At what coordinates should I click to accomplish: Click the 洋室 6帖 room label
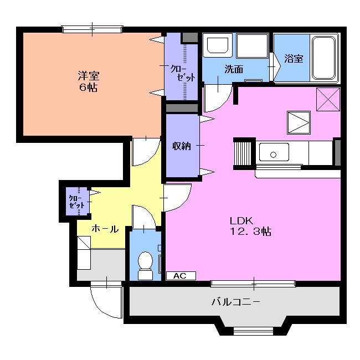88,82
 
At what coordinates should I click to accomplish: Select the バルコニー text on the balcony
235,302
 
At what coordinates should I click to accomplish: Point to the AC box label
179,275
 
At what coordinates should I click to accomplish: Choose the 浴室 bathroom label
294,58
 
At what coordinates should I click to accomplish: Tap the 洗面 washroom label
233,69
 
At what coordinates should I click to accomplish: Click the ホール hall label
105,228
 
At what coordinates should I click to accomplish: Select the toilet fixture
146,264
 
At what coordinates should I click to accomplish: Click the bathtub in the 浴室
323,58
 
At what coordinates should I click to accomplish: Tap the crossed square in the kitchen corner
327,100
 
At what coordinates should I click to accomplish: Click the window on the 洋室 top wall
92,28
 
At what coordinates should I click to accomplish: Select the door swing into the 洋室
146,151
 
